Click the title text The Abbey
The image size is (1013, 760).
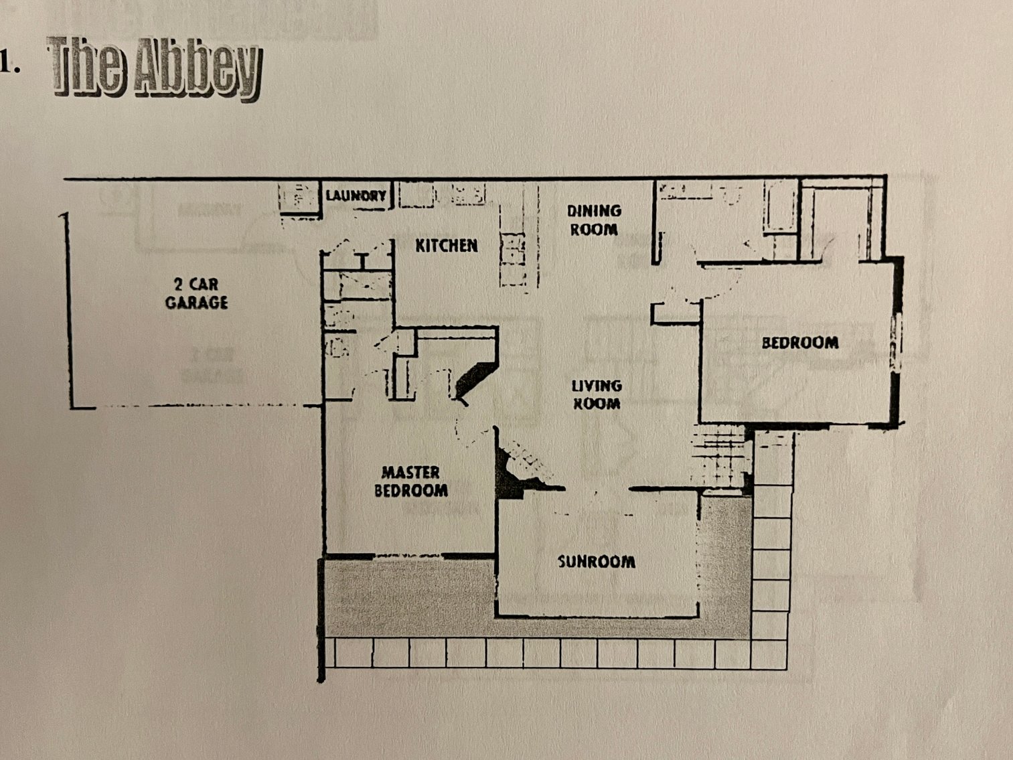coord(154,67)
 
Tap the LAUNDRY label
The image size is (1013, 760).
coord(356,196)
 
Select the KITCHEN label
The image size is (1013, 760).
coord(447,246)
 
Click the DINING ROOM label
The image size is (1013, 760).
coord(593,220)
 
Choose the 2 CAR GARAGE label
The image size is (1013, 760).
coord(196,293)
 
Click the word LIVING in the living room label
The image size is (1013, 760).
coord(596,386)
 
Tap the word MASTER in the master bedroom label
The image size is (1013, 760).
coord(410,472)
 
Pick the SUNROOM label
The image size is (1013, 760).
coord(596,561)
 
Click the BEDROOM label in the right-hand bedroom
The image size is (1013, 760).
coord(800,343)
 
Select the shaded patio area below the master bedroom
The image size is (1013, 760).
coord(408,596)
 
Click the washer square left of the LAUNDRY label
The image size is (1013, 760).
coord(299,197)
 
